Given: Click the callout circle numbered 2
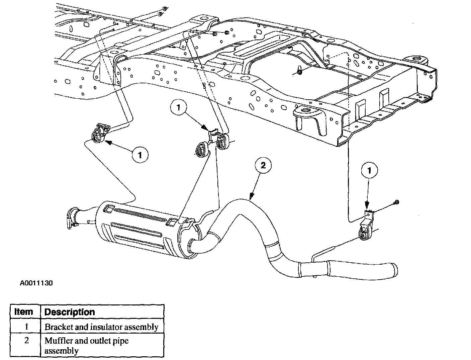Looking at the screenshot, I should [x=263, y=166].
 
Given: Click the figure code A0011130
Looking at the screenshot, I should [x=36, y=283].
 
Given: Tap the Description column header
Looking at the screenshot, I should [x=70, y=312].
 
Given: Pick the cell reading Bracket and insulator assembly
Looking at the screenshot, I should [x=102, y=327].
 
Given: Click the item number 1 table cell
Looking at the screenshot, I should [x=26, y=327].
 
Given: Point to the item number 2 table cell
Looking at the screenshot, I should [x=26, y=341].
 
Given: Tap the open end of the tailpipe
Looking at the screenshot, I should [x=395, y=270].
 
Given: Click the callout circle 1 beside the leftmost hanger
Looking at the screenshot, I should [x=139, y=155].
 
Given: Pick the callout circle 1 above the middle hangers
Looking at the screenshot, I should [x=178, y=107].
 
